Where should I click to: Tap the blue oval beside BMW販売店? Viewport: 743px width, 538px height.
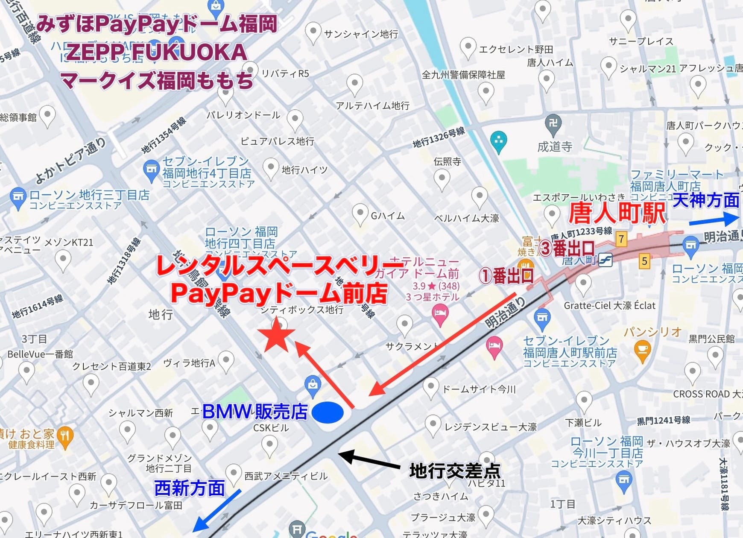pos(328,412)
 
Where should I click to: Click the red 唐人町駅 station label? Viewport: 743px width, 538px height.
pos(617,213)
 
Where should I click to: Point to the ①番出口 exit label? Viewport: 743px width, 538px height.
pos(506,276)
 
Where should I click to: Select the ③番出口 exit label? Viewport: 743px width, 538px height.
pos(567,248)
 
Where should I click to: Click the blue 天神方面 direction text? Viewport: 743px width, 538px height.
pos(705,200)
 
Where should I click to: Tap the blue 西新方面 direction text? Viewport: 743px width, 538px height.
pos(189,488)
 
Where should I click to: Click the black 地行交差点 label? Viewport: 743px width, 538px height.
pos(455,471)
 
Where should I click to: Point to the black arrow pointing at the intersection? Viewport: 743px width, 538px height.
pos(369,460)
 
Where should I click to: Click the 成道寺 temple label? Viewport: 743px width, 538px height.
pos(555,147)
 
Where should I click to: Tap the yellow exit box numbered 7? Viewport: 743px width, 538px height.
pos(621,239)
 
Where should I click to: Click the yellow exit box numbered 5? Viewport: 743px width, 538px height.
pos(644,261)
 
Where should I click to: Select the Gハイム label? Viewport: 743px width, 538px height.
pos(387,216)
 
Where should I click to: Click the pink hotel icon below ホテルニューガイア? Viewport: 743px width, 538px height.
pos(440,315)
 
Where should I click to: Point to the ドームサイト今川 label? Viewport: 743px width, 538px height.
pos(479,389)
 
